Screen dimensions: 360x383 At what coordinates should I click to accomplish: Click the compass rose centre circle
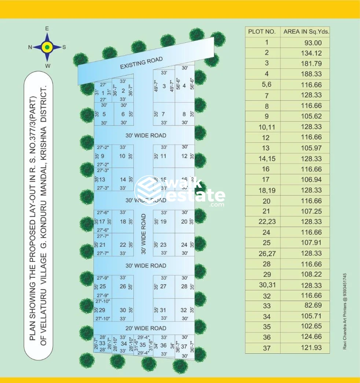pyautogui.click(x=47, y=47)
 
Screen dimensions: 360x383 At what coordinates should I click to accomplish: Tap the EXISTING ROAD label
pyautogui.click(x=142, y=63)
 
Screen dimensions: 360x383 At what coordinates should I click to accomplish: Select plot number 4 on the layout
pyautogui.click(x=184, y=86)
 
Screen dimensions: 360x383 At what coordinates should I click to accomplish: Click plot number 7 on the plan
pyautogui.click(x=163, y=114)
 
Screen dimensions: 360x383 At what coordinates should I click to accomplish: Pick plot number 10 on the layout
pyautogui.click(x=122, y=156)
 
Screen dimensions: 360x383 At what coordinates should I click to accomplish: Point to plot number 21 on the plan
pyautogui.click(x=103, y=245)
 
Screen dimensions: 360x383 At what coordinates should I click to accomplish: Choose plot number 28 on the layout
pyautogui.click(x=184, y=286)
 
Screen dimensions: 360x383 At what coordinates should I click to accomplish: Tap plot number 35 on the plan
pyautogui.click(x=143, y=345)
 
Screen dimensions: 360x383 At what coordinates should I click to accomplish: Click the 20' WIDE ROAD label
pyautogui.click(x=146, y=328)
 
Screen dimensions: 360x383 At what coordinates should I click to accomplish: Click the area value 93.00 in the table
pyautogui.click(x=313, y=43)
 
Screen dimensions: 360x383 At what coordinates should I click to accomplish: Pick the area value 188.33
pyautogui.click(x=311, y=74)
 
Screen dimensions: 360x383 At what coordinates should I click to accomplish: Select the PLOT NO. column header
pyautogui.click(x=262, y=31)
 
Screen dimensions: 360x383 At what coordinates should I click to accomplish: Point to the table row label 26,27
pyautogui.click(x=266, y=253)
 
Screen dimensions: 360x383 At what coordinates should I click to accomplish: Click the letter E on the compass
pyautogui.click(x=47, y=29)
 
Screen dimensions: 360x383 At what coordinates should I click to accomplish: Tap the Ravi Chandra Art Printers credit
pyautogui.click(x=345, y=311)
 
